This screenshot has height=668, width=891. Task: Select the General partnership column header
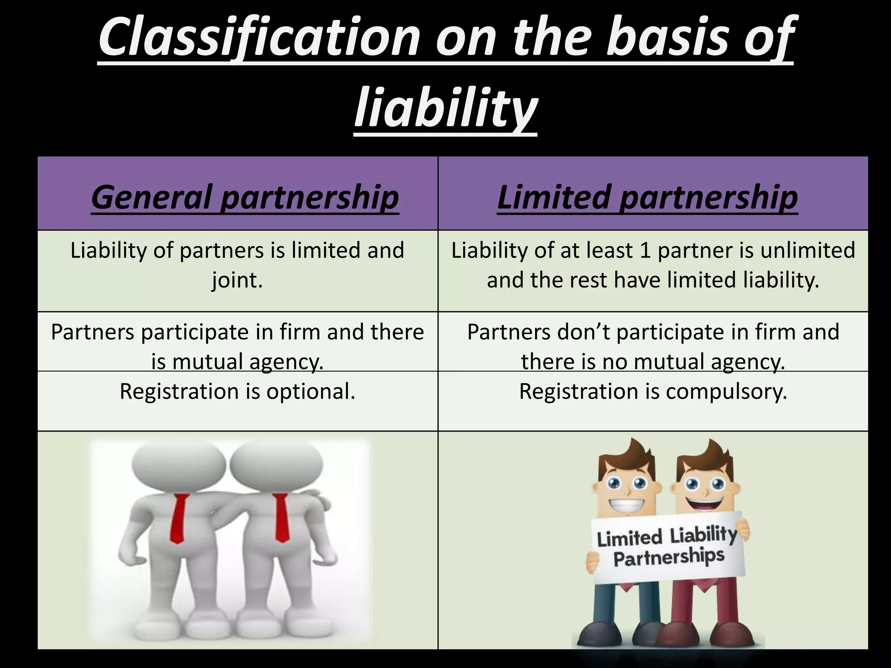coord(245,197)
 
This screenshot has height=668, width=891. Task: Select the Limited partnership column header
coord(647,197)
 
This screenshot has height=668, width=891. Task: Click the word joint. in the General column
coord(238,280)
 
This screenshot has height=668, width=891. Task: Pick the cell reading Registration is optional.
coord(238,391)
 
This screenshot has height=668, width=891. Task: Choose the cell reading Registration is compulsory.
coord(653,391)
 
